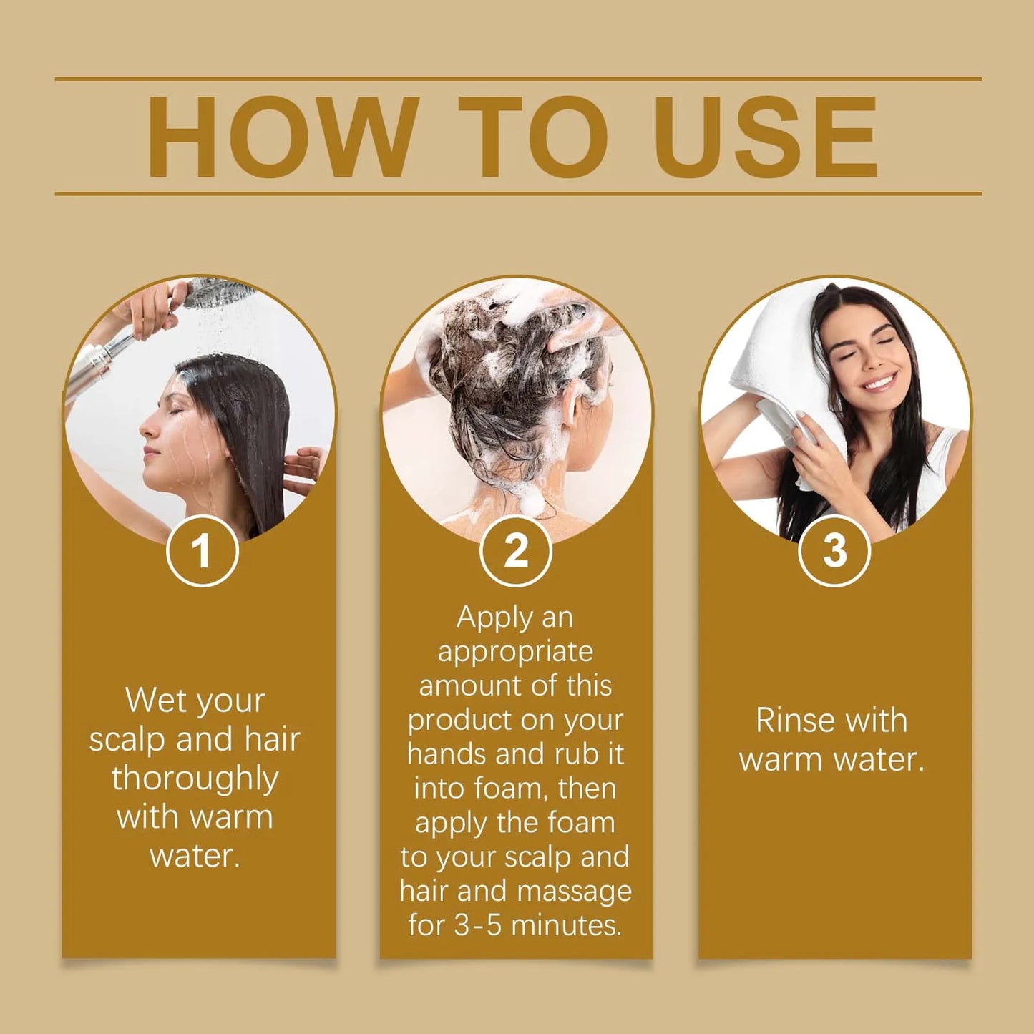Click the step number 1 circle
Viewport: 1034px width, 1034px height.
coord(202,551)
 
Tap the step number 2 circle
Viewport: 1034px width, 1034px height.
coord(515,551)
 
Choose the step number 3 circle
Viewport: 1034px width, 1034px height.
coord(834,551)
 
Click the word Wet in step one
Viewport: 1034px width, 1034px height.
coord(155,700)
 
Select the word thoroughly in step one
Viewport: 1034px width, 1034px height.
coord(195,779)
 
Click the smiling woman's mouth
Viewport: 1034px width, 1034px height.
coord(879,382)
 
